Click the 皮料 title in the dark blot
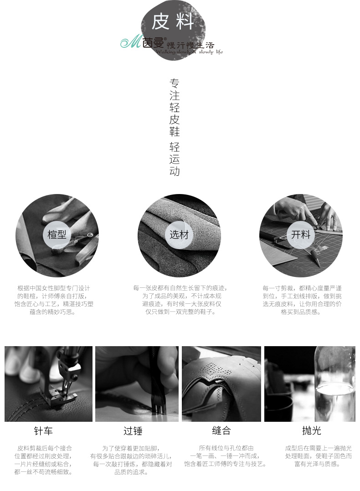tap(172, 22)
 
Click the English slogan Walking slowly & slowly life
tap(190, 51)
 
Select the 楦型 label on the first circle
tap(57, 234)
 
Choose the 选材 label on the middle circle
tap(179, 234)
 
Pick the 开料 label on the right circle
tap(301, 234)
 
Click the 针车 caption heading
tap(43, 431)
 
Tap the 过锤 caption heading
tap(133, 431)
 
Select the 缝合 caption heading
tap(221, 430)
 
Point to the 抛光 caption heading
tap(311, 430)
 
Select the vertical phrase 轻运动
tap(175, 159)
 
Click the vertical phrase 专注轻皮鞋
tap(175, 107)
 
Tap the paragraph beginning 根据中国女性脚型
tap(54, 300)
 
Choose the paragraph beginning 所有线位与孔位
tap(225, 456)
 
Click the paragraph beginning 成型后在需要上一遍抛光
tap(319, 456)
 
